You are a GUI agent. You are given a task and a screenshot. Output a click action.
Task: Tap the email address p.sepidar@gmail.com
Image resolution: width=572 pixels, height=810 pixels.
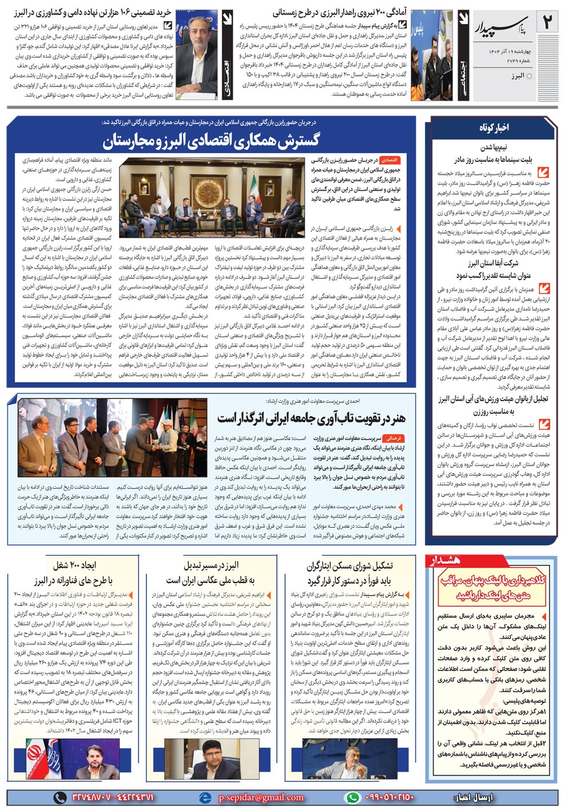(261, 797)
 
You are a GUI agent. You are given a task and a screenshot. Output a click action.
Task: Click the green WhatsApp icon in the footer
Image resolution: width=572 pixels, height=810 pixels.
(352, 797)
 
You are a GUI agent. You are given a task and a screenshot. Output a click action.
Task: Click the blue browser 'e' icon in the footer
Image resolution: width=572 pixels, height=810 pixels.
(204, 797)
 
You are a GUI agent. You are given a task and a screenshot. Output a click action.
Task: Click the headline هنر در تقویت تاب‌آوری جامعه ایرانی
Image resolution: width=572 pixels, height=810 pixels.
(311, 418)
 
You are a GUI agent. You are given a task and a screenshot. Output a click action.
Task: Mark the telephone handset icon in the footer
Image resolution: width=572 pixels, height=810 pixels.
(59, 797)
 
